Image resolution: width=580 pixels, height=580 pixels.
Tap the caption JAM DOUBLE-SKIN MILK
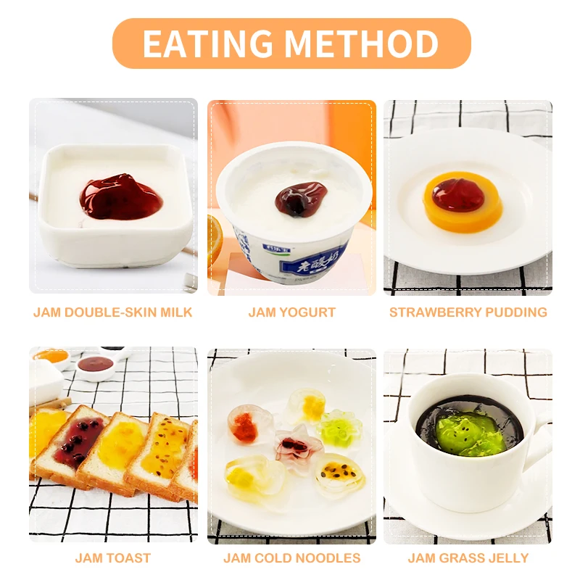[x=113, y=312]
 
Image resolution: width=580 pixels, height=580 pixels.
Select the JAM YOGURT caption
[x=291, y=312]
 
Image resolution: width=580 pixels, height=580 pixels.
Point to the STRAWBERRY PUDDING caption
[x=468, y=312]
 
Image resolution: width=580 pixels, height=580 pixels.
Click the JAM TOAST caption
[x=113, y=558]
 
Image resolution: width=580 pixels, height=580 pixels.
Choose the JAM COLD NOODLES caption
[x=291, y=558]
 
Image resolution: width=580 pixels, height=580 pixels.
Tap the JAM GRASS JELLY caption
[x=468, y=558]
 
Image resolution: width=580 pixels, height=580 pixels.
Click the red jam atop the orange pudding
[x=457, y=194]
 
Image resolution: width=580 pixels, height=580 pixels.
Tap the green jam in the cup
[x=470, y=433]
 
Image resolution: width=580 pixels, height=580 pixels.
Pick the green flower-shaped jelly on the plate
[x=339, y=428]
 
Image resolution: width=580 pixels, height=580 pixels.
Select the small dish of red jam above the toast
[x=95, y=365]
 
